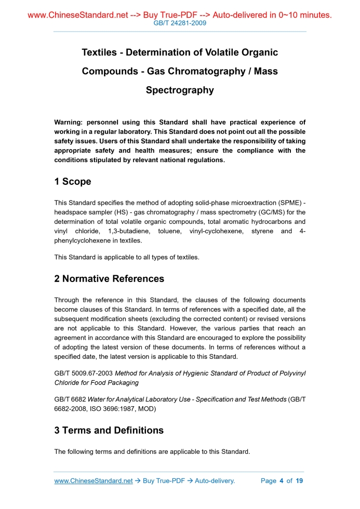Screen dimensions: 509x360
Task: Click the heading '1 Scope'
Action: pyautogui.click(x=73, y=182)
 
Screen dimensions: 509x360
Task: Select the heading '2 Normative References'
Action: pyautogui.click(x=109, y=279)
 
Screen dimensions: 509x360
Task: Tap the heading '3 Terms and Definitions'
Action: pyautogui.click(x=109, y=431)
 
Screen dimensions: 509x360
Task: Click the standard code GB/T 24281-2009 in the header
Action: pyautogui.click(x=180, y=23)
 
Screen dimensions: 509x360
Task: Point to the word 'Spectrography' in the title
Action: pyautogui.click(x=180, y=90)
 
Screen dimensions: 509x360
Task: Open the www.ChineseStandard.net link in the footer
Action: pyautogui.click(x=94, y=481)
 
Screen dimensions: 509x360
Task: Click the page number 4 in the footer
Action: pyautogui.click(x=281, y=481)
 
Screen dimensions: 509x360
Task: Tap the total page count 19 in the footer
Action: pyautogui.click(x=299, y=481)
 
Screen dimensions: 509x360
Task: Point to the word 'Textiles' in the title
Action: pyautogui.click(x=101, y=52)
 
